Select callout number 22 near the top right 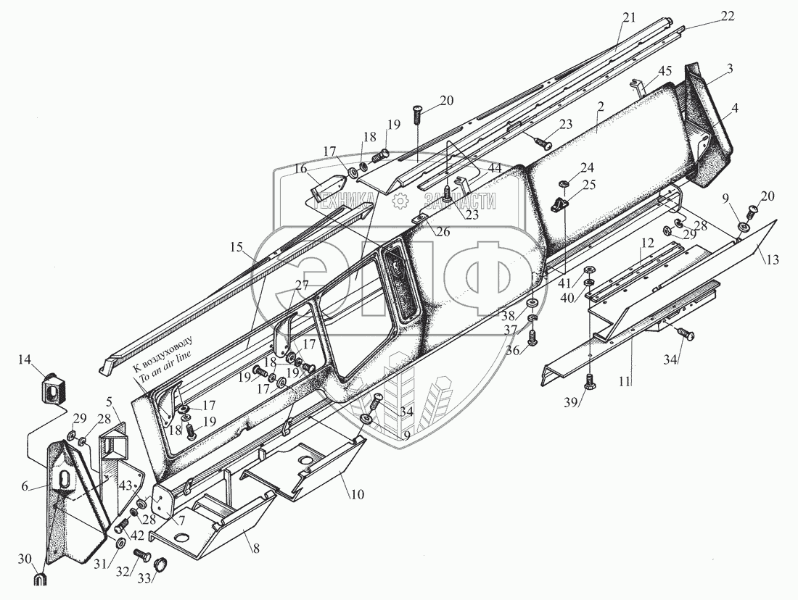point(727,17)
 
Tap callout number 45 point(665,71)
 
